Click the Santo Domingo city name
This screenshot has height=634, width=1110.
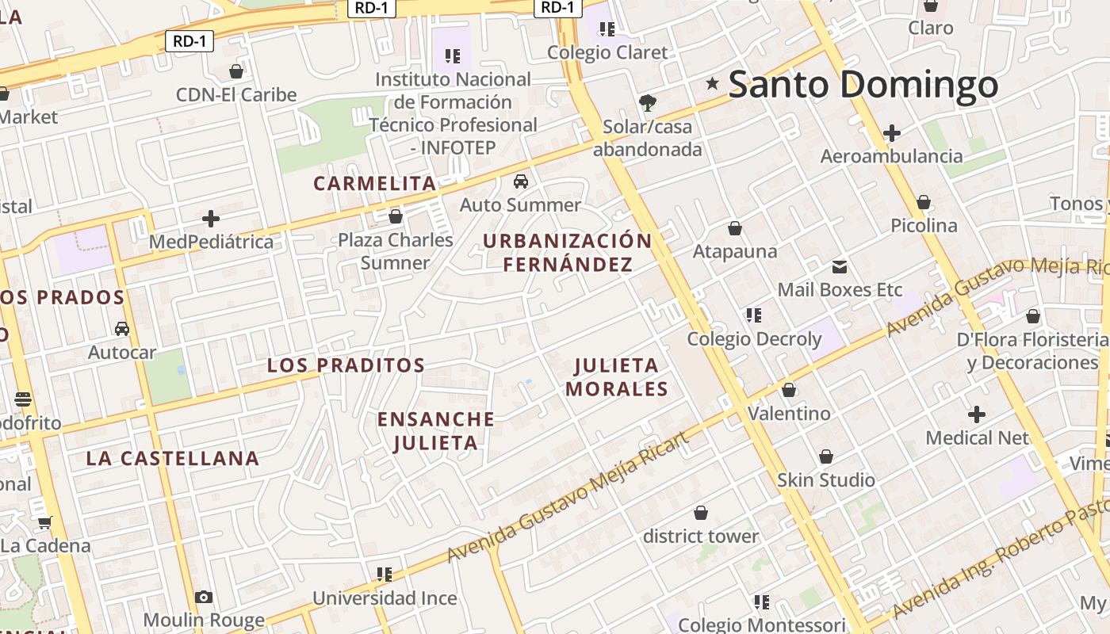(x=863, y=85)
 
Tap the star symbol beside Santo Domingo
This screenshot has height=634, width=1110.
(x=712, y=83)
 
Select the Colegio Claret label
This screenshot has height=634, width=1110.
(x=607, y=52)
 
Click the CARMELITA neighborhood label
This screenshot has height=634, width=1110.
(x=375, y=184)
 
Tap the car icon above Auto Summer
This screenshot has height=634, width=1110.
(x=521, y=181)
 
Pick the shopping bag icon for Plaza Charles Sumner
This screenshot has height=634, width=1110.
(x=396, y=216)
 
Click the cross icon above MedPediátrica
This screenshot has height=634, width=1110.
(x=211, y=218)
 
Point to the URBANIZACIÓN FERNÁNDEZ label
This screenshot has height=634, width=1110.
(x=568, y=253)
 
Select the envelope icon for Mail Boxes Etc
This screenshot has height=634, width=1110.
(x=840, y=266)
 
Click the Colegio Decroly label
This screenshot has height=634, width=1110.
(x=754, y=339)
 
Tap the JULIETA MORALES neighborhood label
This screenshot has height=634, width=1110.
(x=617, y=377)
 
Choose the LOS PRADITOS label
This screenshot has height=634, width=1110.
(x=346, y=365)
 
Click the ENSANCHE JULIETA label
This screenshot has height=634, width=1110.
(x=436, y=431)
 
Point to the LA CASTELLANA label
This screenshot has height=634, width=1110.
(x=172, y=458)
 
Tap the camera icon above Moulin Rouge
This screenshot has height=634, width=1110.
(x=204, y=597)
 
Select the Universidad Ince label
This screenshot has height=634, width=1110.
(x=385, y=598)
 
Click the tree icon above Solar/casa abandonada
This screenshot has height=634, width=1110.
(x=648, y=102)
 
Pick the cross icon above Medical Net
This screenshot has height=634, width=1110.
(x=977, y=414)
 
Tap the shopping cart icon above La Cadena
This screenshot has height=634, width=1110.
(x=45, y=522)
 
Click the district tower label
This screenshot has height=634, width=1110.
(x=701, y=537)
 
